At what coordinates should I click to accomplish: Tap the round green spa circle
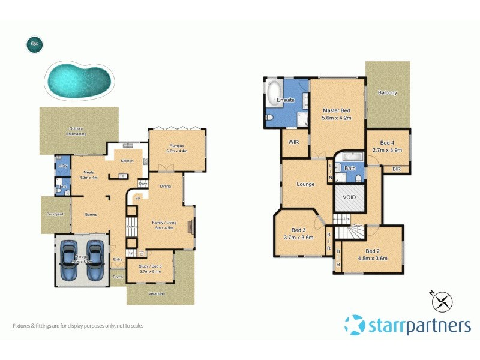pyautogui.click(x=34, y=44)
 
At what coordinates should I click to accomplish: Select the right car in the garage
pyautogui.click(x=95, y=261)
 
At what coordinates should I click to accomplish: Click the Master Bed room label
pyautogui.click(x=336, y=110)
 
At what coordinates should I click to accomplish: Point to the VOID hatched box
pyautogui.click(x=349, y=197)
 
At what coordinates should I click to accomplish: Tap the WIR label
pyautogui.click(x=293, y=142)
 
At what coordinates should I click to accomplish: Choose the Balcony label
pyautogui.click(x=387, y=93)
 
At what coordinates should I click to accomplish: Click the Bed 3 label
pyautogui.click(x=298, y=230)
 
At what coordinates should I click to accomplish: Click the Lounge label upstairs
pyautogui.click(x=305, y=184)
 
